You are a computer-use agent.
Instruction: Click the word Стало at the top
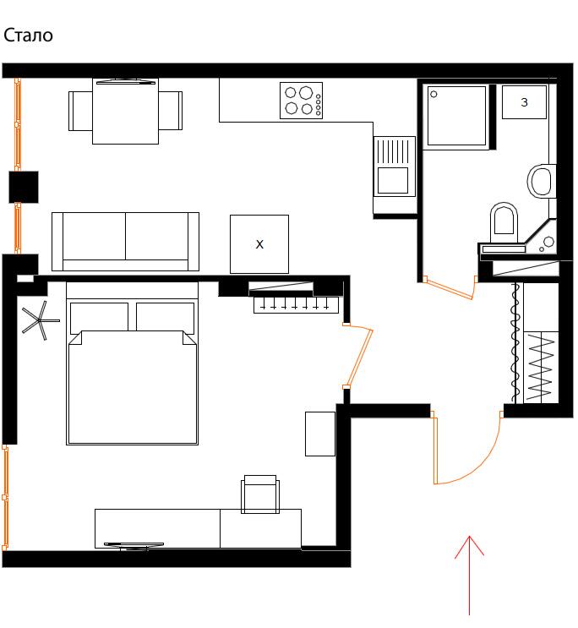[28, 35]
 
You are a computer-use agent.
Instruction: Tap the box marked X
[259, 244]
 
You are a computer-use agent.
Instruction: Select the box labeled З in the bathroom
[524, 102]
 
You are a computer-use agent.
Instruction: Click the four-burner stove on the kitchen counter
[301, 101]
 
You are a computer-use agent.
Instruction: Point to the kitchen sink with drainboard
[395, 167]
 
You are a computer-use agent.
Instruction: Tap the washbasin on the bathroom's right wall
[541, 181]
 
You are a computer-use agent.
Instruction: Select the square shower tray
[456, 115]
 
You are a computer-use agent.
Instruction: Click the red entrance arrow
[469, 575]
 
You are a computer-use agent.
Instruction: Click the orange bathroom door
[450, 288]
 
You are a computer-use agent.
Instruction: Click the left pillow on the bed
[99, 319]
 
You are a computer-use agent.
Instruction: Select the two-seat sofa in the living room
[125, 242]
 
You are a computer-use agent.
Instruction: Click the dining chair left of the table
[80, 111]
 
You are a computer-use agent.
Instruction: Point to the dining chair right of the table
[170, 111]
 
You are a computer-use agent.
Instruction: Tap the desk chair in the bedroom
[260, 494]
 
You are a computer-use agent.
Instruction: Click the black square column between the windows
[24, 187]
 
